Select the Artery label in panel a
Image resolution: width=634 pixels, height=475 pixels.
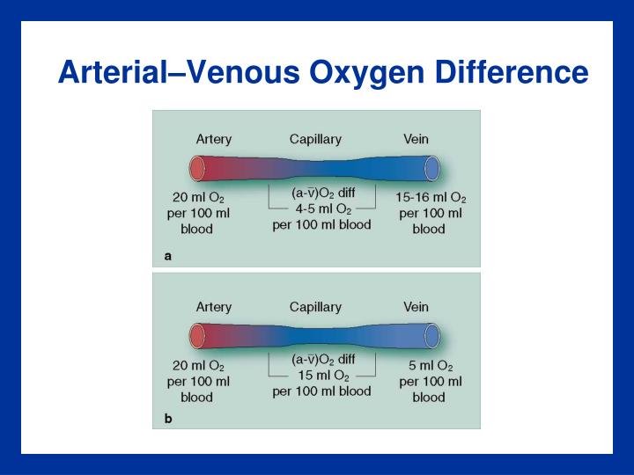[213, 139]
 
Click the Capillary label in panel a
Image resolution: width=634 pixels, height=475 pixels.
[315, 139]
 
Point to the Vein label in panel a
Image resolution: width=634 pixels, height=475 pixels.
[416, 139]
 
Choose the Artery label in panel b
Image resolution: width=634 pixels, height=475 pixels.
[213, 307]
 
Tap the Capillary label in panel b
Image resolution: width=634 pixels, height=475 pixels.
[315, 307]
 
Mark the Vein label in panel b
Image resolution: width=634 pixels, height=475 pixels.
[416, 307]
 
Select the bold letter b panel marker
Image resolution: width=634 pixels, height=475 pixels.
[167, 419]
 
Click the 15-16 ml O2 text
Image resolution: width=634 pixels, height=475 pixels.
[431, 198]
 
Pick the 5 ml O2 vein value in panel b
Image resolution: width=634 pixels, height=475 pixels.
[431, 366]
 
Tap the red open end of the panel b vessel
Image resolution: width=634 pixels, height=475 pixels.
[196, 335]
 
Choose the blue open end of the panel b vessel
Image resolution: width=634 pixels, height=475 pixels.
[432, 335]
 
